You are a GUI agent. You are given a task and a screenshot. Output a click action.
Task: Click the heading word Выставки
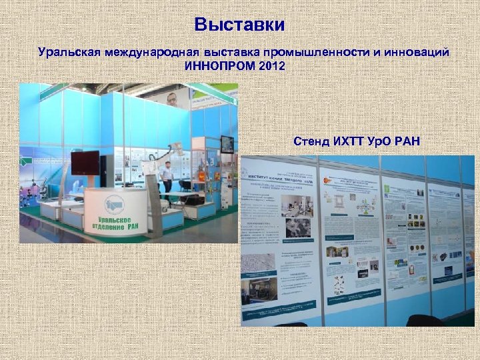(239, 25)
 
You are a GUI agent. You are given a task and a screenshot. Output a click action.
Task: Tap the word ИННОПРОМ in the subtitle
(221, 66)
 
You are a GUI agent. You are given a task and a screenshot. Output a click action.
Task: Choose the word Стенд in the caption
(310, 141)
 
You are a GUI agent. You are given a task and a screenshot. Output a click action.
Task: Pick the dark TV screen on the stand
(85, 162)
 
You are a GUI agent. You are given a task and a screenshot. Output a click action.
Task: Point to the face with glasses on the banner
(172, 99)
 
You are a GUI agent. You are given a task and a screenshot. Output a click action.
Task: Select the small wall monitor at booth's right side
(227, 144)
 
